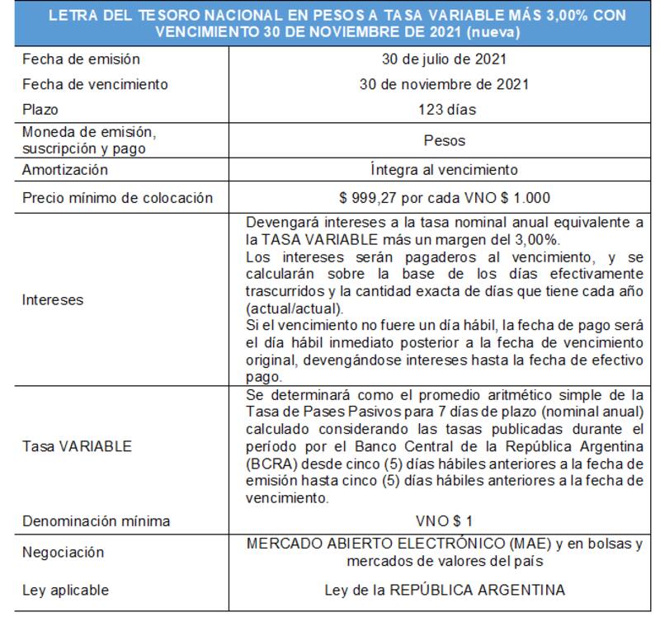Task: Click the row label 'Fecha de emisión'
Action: tap(81, 59)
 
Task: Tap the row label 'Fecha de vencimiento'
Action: tap(95, 84)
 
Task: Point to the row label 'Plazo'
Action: tap(40, 109)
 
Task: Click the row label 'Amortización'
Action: tap(65, 170)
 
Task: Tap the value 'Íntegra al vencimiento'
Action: tap(444, 170)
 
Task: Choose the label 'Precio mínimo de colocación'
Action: tap(117, 198)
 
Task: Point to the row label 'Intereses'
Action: tap(53, 300)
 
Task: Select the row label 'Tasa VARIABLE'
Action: tap(77, 446)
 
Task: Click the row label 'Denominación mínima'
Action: tap(97, 521)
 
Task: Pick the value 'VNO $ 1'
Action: tap(444, 521)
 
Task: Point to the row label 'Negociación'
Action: tap(63, 553)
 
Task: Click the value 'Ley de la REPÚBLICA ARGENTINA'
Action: tap(444, 591)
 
